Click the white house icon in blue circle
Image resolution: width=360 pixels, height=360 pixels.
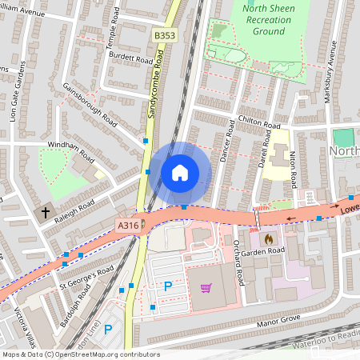[180, 172]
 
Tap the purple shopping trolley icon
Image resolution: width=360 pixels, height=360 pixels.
[206, 287]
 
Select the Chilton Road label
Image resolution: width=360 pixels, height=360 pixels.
[259, 122]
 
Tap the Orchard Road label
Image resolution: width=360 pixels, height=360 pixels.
[239, 265]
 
